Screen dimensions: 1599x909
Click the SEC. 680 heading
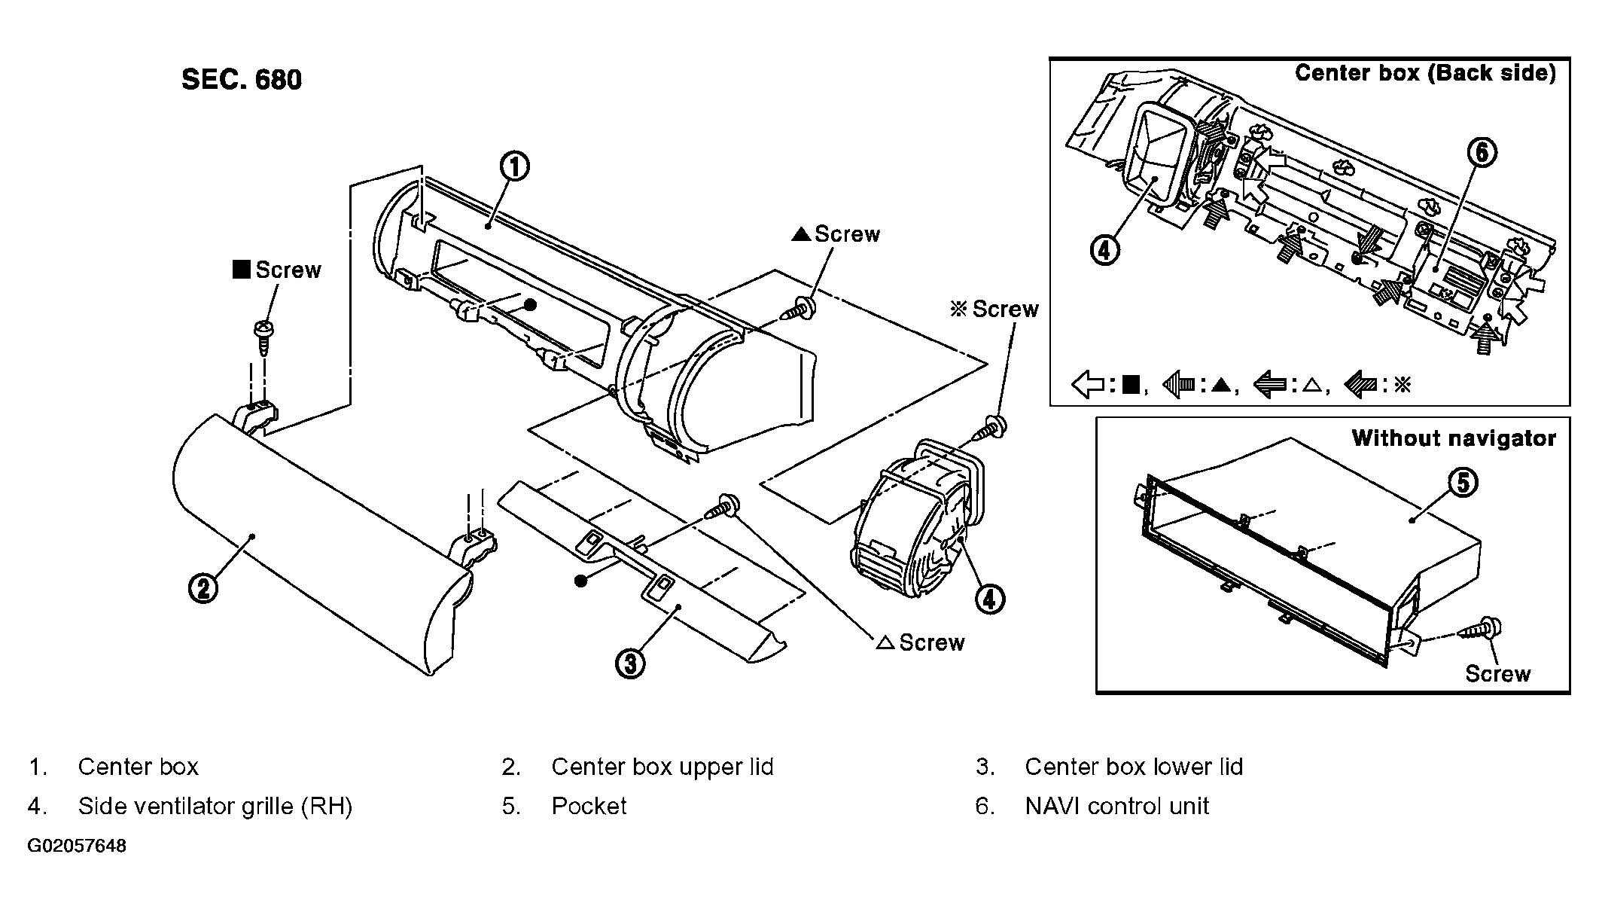pyautogui.click(x=242, y=80)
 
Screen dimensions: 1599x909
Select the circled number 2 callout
pyautogui.click(x=203, y=588)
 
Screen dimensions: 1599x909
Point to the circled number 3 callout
pyautogui.click(x=630, y=663)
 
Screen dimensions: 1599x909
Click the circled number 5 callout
pyautogui.click(x=1462, y=482)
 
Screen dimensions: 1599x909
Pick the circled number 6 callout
pyautogui.click(x=1482, y=153)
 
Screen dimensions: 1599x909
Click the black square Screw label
pyautogui.click(x=277, y=270)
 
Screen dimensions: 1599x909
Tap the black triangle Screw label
pyautogui.click(x=836, y=234)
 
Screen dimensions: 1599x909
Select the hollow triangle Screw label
pyautogui.click(x=921, y=642)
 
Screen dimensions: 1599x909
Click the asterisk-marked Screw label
pyautogui.click(x=994, y=309)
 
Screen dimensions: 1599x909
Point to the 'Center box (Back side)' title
pyautogui.click(x=1425, y=73)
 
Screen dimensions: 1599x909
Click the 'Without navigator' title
pyautogui.click(x=1454, y=438)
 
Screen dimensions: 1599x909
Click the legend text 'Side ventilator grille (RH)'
pyautogui.click(x=215, y=807)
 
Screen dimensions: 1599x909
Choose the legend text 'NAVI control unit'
pyautogui.click(x=1116, y=807)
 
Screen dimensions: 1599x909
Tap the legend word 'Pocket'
pyautogui.click(x=589, y=807)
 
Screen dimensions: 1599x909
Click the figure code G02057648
pyautogui.click(x=77, y=846)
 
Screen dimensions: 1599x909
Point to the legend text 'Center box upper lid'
pyautogui.click(x=662, y=767)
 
